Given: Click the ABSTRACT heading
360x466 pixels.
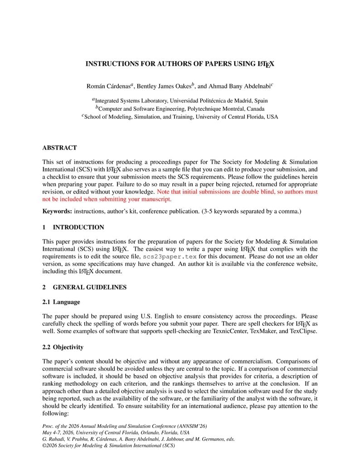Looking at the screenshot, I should click(x=59, y=148).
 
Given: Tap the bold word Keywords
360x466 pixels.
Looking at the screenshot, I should click(x=57, y=211).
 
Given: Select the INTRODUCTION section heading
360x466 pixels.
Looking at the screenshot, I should click(x=78, y=228).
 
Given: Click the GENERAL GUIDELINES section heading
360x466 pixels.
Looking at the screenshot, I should click(x=90, y=287).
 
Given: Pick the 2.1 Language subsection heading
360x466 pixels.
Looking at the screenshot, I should click(x=61, y=302).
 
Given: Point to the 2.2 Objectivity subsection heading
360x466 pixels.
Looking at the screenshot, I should click(x=63, y=347).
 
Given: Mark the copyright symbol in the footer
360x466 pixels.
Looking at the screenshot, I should click(x=44, y=446).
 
